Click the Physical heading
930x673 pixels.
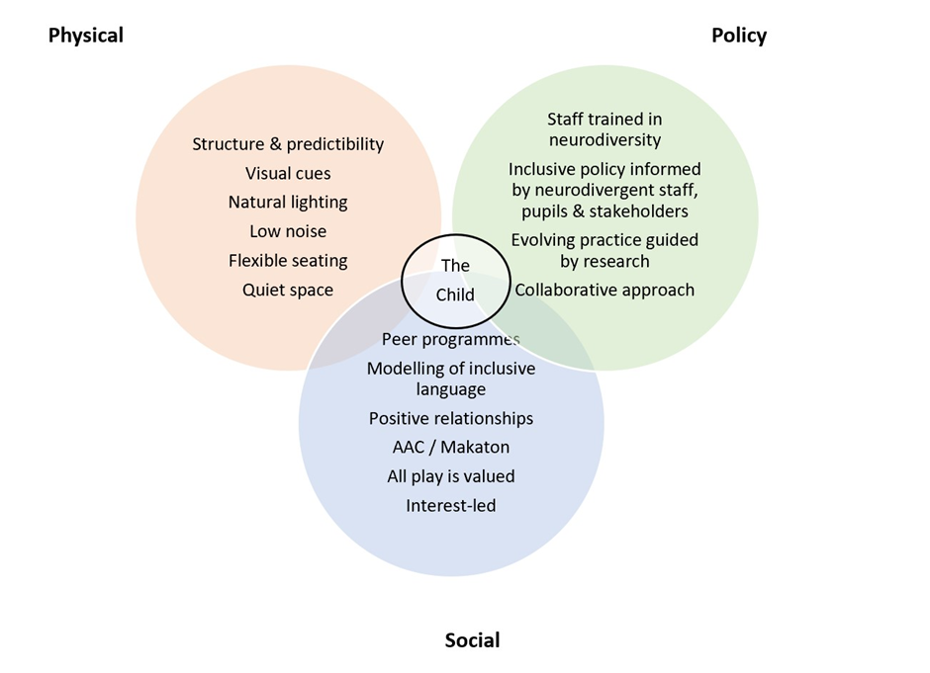[x=86, y=36]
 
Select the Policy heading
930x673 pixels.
[x=739, y=36]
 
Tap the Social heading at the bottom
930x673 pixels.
[x=472, y=640]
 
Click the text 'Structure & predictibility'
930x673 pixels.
[x=288, y=144]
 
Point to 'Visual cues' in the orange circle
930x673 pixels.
[x=288, y=174]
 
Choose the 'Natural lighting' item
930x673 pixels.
[x=288, y=203]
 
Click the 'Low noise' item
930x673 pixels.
[x=288, y=231]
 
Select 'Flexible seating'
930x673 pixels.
[x=288, y=261]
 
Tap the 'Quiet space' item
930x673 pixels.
[x=288, y=290]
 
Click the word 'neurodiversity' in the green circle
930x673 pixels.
[x=604, y=140]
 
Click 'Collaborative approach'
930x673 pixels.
[x=604, y=290]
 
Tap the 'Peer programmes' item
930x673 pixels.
[x=451, y=340]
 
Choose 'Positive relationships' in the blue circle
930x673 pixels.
[x=451, y=419]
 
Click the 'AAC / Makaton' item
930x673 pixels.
[x=451, y=448]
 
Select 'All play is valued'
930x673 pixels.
[x=451, y=476]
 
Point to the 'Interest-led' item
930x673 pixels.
[x=451, y=506]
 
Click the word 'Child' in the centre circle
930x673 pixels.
[x=455, y=294]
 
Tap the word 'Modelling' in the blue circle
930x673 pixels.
[x=404, y=369]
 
